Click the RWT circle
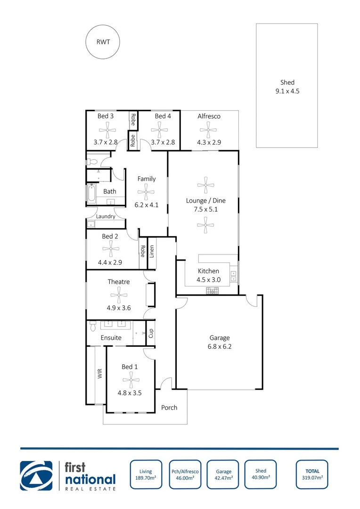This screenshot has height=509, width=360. click(x=102, y=41)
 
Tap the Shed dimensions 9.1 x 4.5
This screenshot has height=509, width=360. click(x=287, y=91)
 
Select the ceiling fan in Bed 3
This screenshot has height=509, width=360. click(x=108, y=129)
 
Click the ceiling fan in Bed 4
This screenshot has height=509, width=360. click(x=159, y=129)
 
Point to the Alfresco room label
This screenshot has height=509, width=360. click(x=209, y=116)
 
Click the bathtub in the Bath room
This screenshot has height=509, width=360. click(x=92, y=193)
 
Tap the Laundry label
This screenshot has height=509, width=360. click(x=106, y=216)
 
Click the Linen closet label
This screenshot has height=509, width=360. click(x=152, y=252)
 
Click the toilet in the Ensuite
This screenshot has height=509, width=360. click(x=93, y=326)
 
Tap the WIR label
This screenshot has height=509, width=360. click(x=100, y=374)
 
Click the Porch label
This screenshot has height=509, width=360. click(x=169, y=407)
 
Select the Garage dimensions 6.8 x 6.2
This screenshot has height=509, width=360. click(x=220, y=346)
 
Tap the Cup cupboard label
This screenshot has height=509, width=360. click(x=151, y=333)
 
